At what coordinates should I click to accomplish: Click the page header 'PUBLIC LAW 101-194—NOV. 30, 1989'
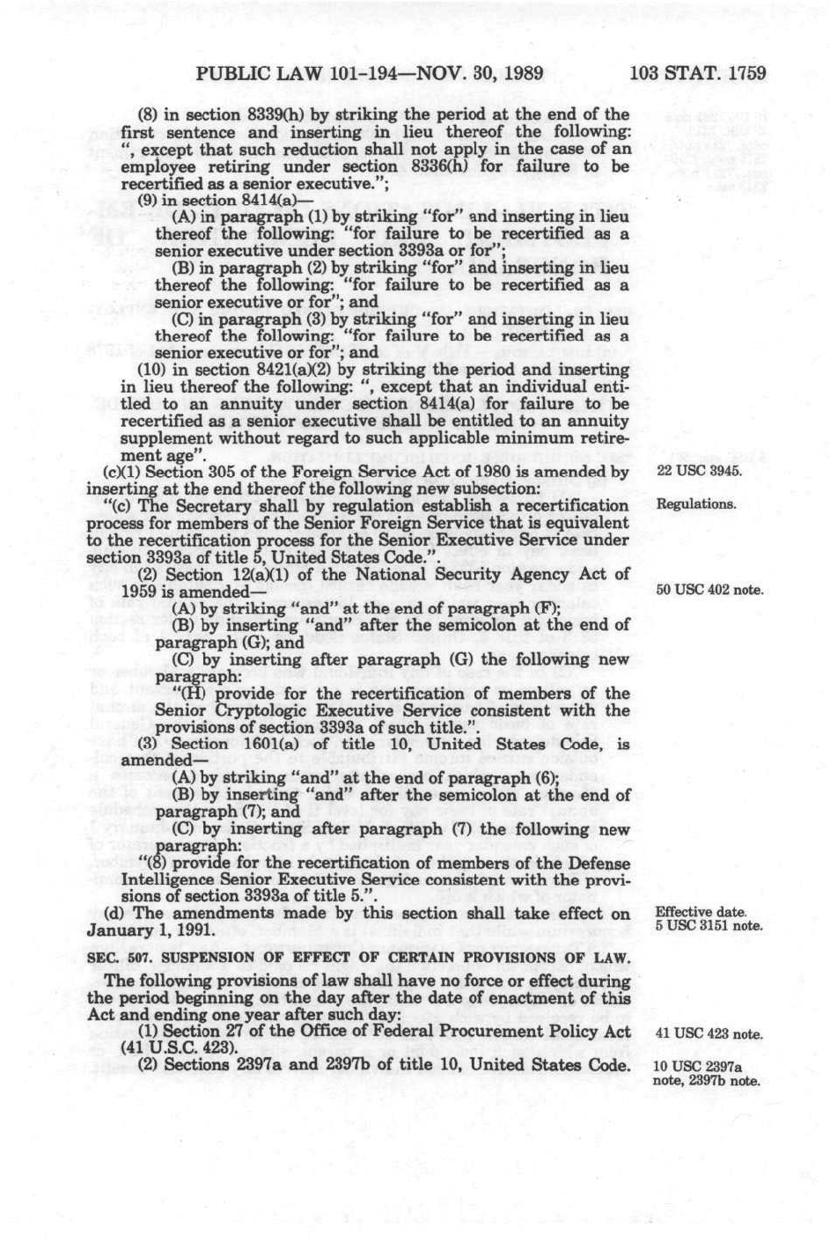370,73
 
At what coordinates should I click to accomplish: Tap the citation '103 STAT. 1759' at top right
698,73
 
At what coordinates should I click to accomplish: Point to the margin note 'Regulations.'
695,505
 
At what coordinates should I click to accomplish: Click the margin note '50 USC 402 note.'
709,590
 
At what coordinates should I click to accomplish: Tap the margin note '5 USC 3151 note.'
709,926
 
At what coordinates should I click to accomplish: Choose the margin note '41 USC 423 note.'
709,1034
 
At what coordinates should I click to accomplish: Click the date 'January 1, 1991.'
151,930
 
